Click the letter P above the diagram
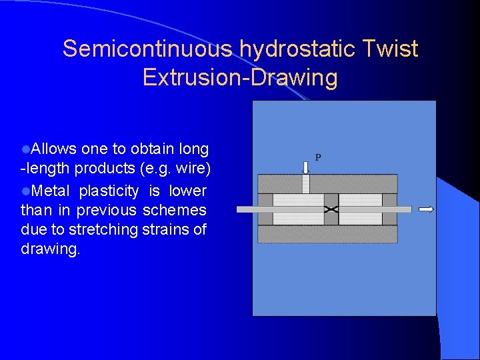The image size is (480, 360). (x=318, y=158)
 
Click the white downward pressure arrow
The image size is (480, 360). (x=305, y=165)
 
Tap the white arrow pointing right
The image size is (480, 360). (x=426, y=209)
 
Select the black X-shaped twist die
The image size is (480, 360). (x=331, y=209)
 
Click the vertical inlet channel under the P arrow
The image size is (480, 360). (x=305, y=184)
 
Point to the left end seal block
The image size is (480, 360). (x=265, y=209)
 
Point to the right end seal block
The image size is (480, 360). (x=390, y=209)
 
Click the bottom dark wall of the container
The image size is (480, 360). (x=327, y=234)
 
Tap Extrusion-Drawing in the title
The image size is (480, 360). (x=240, y=78)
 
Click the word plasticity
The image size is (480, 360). (x=109, y=191)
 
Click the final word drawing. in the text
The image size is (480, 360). (x=50, y=249)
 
